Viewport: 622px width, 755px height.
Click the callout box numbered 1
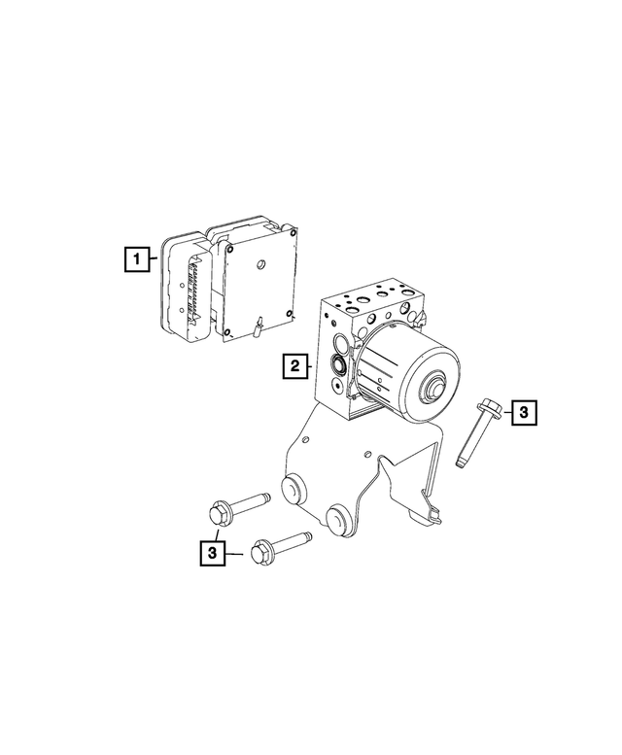(x=139, y=259)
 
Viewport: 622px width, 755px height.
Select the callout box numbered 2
(x=293, y=366)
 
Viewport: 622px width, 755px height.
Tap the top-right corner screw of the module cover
(x=291, y=233)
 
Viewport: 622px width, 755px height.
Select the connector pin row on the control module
(x=192, y=287)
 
